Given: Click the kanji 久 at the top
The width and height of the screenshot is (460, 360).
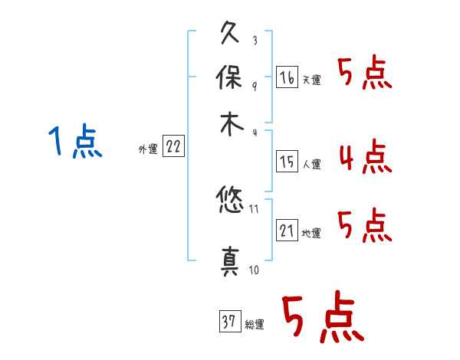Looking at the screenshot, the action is [230, 32].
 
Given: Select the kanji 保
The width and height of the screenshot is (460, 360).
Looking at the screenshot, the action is [229, 77].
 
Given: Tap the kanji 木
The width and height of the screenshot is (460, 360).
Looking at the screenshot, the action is [232, 124].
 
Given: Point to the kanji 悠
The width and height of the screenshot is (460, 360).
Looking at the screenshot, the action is [230, 199].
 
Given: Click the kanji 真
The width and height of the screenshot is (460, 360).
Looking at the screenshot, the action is [230, 261].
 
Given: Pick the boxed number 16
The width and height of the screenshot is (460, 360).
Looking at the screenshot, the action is [287, 77].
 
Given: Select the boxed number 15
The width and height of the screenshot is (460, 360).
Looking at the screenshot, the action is [287, 162].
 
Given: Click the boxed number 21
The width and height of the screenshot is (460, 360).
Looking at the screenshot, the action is [287, 230].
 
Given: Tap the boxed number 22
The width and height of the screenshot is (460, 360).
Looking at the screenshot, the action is [173, 146].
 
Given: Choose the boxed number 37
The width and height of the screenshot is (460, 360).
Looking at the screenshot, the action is [230, 321].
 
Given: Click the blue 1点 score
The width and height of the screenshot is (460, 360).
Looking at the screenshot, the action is [75, 141].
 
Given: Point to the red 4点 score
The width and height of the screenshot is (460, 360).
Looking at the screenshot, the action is [366, 156].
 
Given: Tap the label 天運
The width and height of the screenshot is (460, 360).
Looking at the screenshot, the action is [312, 80].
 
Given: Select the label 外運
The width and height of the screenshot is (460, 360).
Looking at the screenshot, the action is [148, 149].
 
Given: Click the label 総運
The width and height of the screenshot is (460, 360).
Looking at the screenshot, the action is [255, 324].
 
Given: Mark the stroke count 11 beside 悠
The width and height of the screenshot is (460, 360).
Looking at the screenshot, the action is [254, 209].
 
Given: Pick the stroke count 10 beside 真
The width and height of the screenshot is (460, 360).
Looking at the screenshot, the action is [254, 270].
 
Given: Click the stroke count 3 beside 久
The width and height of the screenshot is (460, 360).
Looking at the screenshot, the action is [255, 40].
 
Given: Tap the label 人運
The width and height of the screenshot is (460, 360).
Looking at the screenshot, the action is [312, 164].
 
